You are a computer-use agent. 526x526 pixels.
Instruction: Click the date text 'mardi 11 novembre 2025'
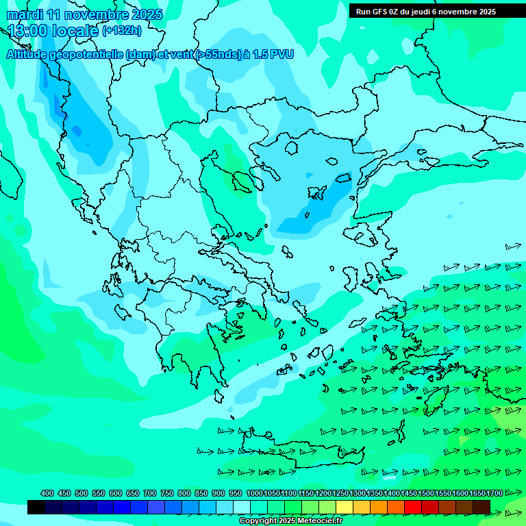coord(85,14)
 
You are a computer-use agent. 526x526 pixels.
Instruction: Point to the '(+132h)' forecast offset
coord(122,30)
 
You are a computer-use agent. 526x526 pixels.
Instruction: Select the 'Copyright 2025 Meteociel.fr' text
coord(290,521)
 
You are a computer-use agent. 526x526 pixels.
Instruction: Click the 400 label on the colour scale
coord(47,493)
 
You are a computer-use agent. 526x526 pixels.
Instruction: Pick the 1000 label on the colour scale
coord(255,493)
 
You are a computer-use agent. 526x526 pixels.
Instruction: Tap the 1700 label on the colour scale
coord(494,493)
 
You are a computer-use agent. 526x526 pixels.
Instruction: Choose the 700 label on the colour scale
coord(150,493)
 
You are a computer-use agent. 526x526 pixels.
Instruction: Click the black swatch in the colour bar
coord(36,507)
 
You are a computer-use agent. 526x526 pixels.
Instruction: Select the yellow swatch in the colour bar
coord(345,507)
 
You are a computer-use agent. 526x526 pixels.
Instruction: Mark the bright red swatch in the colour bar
coord(413,507)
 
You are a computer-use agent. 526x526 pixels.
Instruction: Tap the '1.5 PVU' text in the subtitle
coord(273,54)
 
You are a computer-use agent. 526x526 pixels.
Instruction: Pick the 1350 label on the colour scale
coord(375,493)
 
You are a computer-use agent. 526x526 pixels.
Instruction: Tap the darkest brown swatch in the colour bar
coord(481,507)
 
